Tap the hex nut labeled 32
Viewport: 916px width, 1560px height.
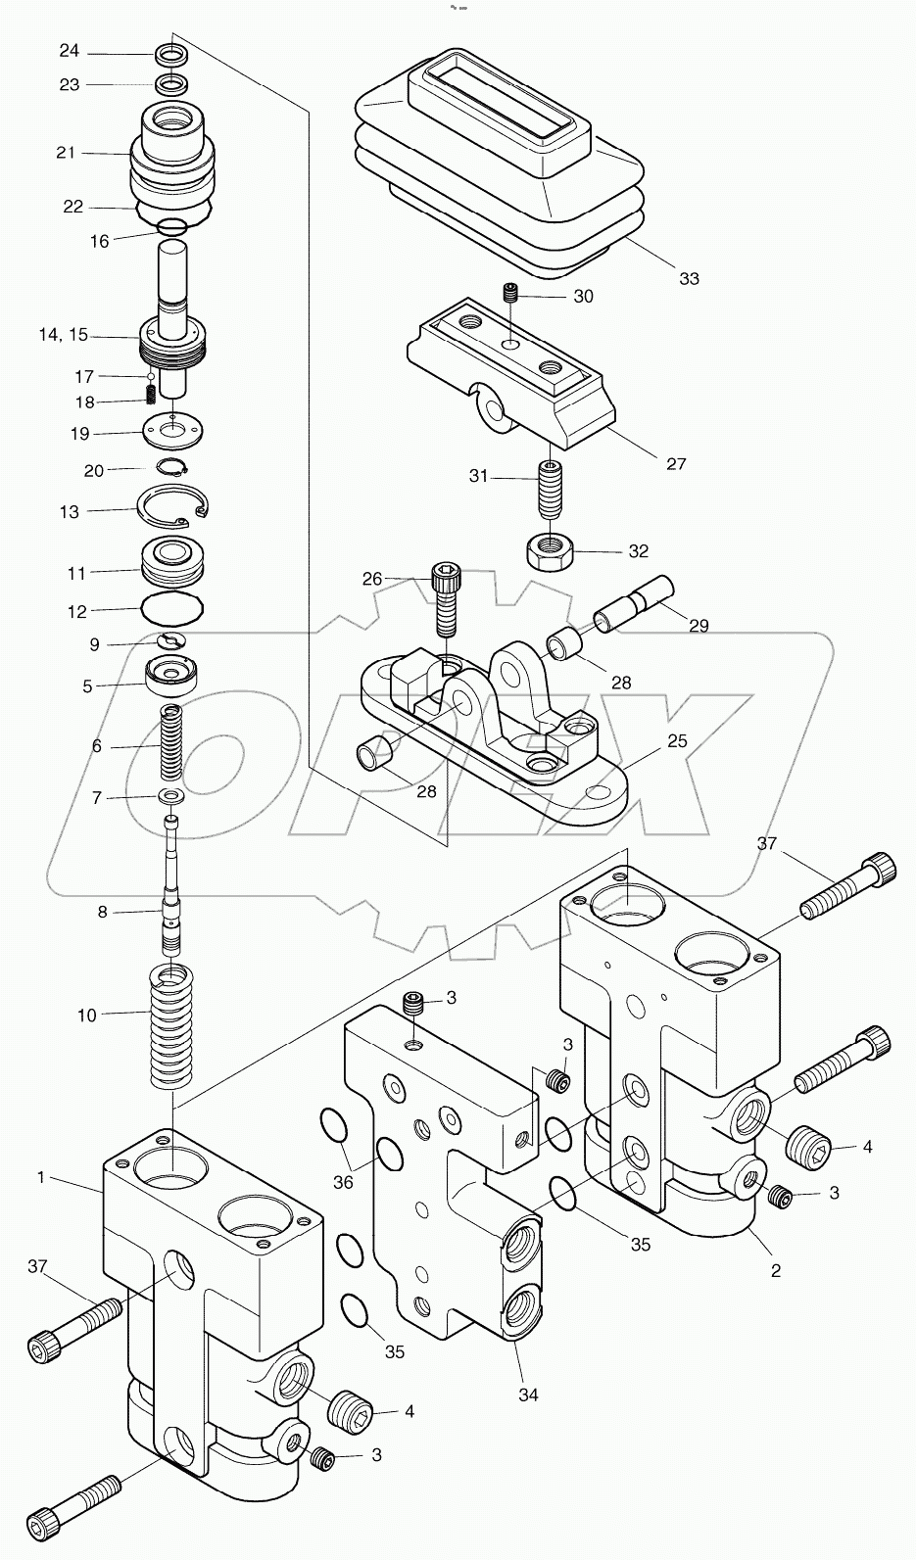(x=551, y=553)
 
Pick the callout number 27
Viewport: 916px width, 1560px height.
(x=676, y=463)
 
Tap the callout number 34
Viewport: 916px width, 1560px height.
(x=528, y=1395)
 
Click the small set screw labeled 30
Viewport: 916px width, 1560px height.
(x=509, y=292)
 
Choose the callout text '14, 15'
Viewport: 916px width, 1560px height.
(x=63, y=335)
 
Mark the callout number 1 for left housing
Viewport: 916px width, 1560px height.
(x=41, y=1177)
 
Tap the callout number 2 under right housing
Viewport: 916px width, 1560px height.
(x=776, y=1271)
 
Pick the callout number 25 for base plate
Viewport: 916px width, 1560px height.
(x=676, y=741)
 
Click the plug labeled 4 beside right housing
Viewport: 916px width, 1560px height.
(x=811, y=1142)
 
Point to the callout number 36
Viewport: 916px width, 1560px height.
(x=342, y=1182)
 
